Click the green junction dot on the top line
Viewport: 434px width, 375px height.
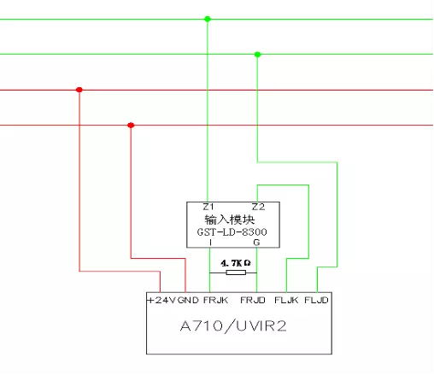(x=208, y=19)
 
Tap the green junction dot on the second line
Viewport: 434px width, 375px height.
(x=257, y=55)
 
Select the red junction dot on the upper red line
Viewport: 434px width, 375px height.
(x=79, y=90)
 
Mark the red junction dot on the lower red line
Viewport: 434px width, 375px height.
(x=131, y=125)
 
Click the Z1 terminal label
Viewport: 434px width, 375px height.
(x=208, y=207)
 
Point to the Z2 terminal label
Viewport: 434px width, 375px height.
(x=258, y=207)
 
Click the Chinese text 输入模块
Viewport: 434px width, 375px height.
(x=230, y=220)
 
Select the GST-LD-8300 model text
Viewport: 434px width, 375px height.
(x=232, y=232)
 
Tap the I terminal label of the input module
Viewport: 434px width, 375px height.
(x=210, y=243)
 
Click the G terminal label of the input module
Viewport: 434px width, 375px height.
(x=256, y=243)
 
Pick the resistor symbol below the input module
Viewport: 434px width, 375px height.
(x=236, y=272)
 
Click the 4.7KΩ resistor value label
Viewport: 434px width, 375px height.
(x=236, y=263)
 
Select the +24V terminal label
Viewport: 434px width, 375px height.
(x=161, y=300)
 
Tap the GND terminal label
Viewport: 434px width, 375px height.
(x=188, y=300)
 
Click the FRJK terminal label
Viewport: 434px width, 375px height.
(x=215, y=300)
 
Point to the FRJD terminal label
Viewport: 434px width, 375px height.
(x=253, y=300)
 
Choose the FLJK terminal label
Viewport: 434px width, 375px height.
(x=286, y=300)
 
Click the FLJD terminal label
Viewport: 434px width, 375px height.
(x=316, y=300)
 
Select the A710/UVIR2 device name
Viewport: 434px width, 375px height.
(x=233, y=326)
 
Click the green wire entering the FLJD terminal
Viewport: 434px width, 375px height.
(x=337, y=214)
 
